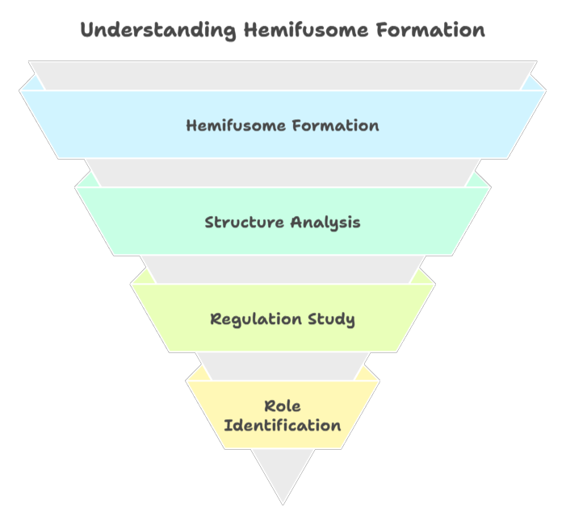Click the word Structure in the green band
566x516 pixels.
click(x=240, y=223)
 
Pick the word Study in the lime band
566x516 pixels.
click(x=329, y=319)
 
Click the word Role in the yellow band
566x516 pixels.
click(x=283, y=406)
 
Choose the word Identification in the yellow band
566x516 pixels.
click(x=283, y=425)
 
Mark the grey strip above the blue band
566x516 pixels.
click(x=283, y=75)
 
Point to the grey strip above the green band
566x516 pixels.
click(x=283, y=173)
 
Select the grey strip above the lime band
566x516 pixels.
click(x=283, y=269)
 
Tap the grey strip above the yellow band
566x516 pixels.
click(x=283, y=365)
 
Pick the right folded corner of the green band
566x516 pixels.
click(x=481, y=180)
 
